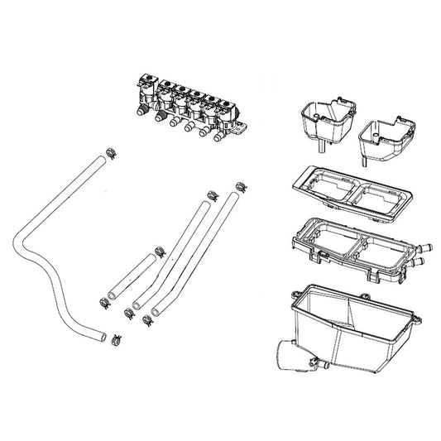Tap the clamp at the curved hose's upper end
point(111,151)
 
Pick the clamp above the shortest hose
point(158,247)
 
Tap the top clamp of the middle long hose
point(211,195)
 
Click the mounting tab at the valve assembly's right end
point(242,127)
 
